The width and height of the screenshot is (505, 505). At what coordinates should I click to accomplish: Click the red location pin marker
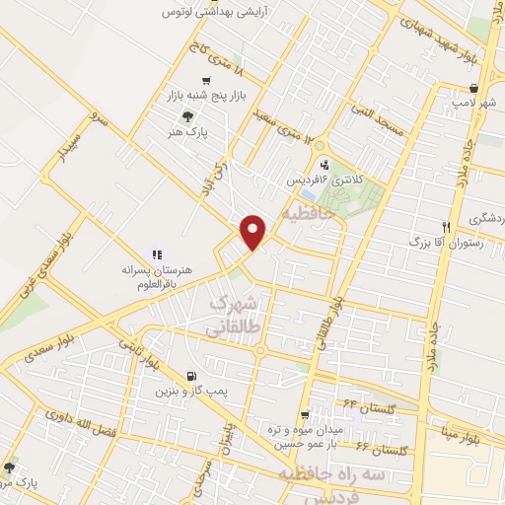pyautogui.click(x=253, y=232)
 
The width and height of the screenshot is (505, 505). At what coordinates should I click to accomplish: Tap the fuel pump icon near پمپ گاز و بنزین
pyautogui.click(x=189, y=375)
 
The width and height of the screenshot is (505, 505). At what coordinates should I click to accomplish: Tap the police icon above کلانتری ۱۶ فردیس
pyautogui.click(x=324, y=164)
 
